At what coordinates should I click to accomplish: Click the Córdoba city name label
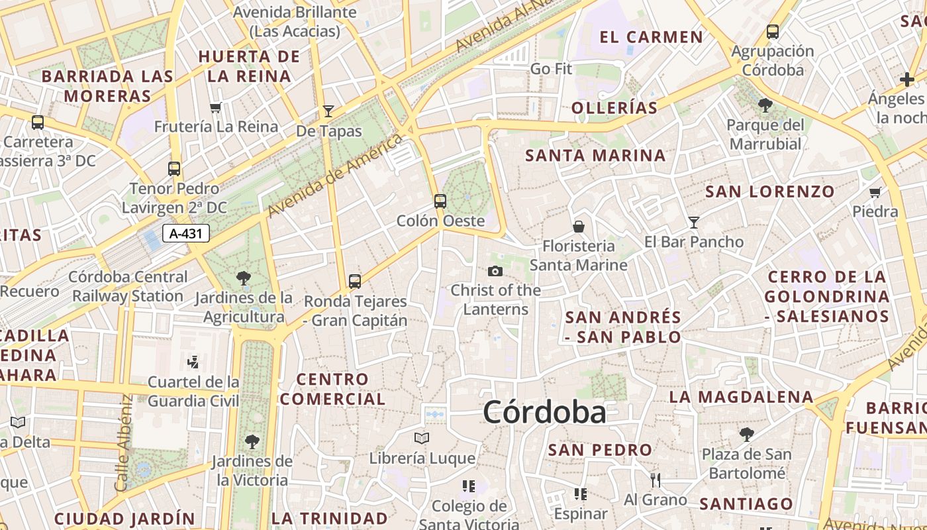(544, 412)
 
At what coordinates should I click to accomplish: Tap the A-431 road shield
(186, 233)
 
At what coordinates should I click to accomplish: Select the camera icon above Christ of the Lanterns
(495, 271)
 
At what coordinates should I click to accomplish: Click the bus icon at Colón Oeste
(440, 201)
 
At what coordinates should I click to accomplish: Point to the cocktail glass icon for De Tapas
(328, 111)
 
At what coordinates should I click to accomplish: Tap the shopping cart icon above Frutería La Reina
(215, 107)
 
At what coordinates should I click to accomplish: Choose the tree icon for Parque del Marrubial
(765, 105)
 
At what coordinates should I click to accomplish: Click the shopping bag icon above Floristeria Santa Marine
(579, 227)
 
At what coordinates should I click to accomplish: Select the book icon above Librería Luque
(422, 438)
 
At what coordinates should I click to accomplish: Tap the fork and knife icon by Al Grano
(656, 480)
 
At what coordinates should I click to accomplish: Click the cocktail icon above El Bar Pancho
(694, 222)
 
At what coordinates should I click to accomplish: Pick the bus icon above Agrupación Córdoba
(772, 31)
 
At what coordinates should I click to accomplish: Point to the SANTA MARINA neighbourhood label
(595, 156)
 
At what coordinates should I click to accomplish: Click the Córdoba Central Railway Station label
(128, 286)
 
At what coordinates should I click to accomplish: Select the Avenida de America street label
(335, 176)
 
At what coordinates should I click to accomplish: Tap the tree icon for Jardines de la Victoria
(252, 441)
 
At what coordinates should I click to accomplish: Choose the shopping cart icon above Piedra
(875, 193)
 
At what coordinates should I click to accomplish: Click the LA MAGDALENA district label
(741, 397)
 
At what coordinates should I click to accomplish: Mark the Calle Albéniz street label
(124, 443)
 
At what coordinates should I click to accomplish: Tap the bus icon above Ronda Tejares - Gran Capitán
(355, 282)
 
